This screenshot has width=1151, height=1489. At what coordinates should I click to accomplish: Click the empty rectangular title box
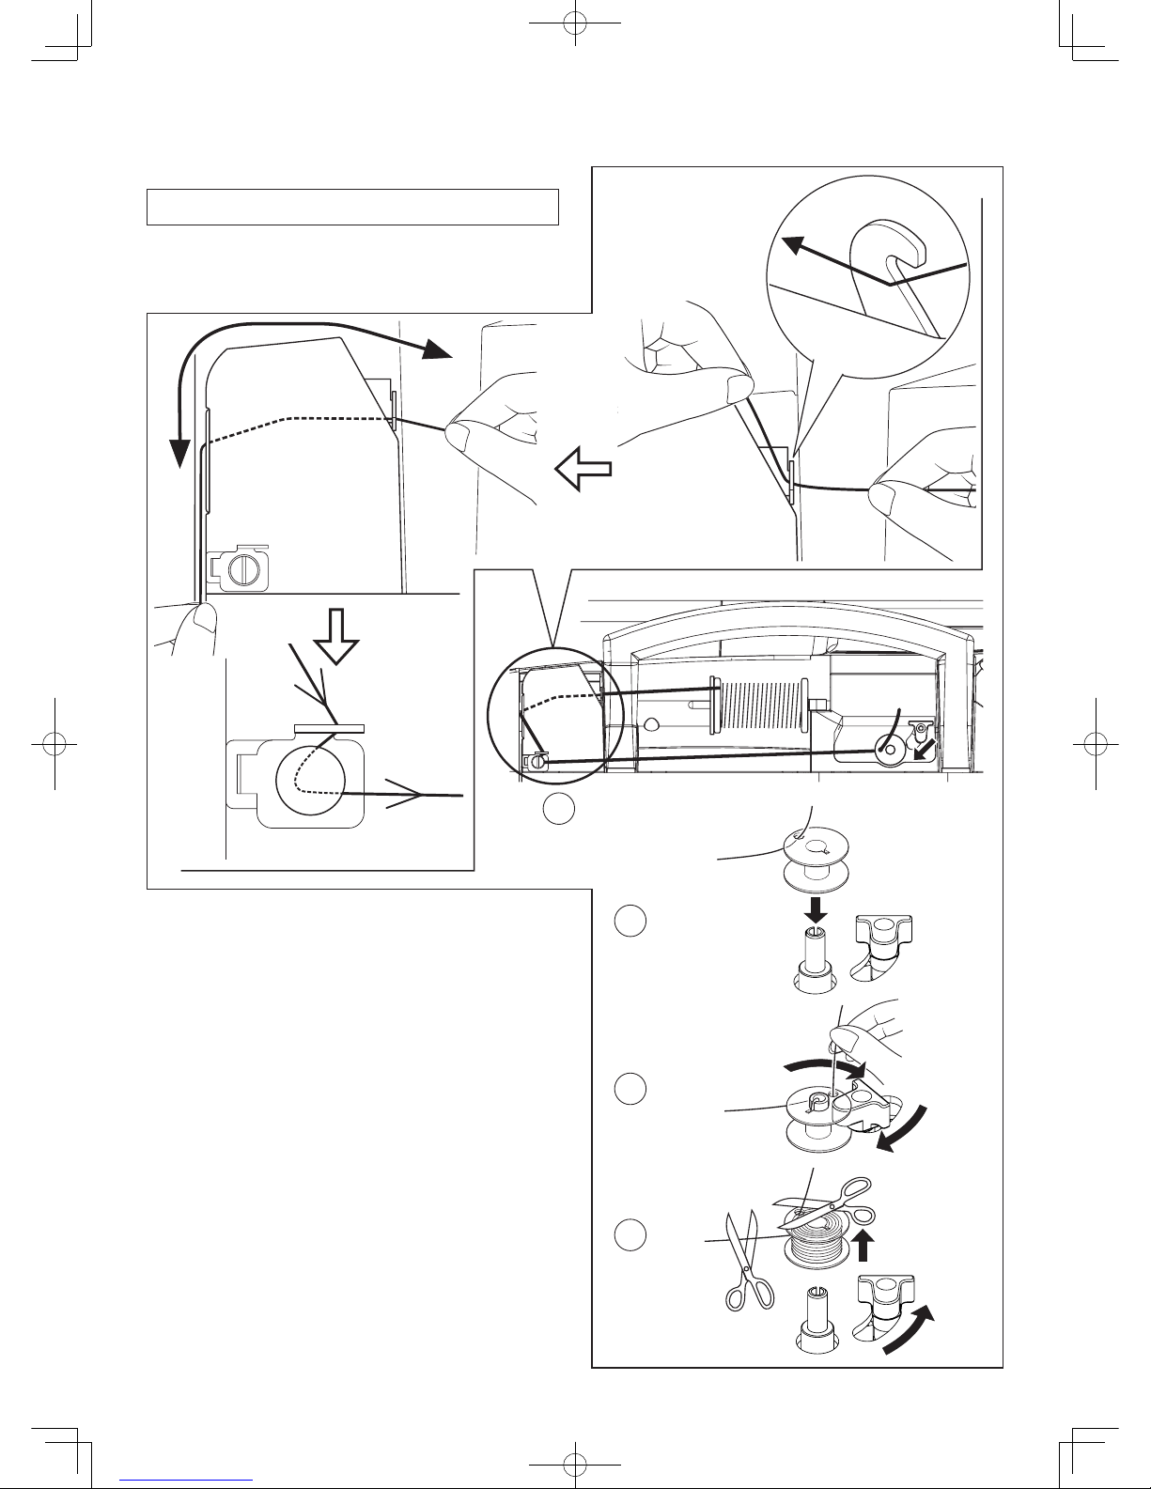point(352,207)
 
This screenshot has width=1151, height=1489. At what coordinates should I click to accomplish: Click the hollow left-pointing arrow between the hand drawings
point(583,468)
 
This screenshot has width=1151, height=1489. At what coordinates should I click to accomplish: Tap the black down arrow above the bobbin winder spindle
point(816,908)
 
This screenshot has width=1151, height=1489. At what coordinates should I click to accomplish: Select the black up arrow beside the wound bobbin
point(865,1247)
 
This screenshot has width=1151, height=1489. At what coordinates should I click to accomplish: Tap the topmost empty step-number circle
point(558,807)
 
